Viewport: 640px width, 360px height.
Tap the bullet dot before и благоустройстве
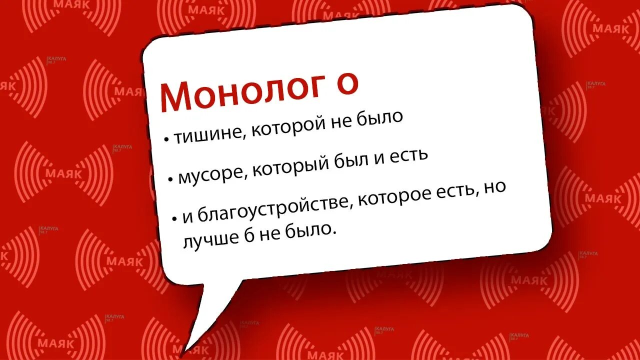[175, 219]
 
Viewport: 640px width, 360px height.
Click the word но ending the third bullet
[495, 187]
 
